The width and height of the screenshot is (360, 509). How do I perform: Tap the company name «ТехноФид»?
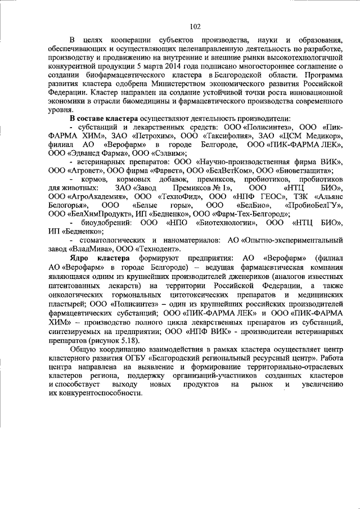pos(175,196)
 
